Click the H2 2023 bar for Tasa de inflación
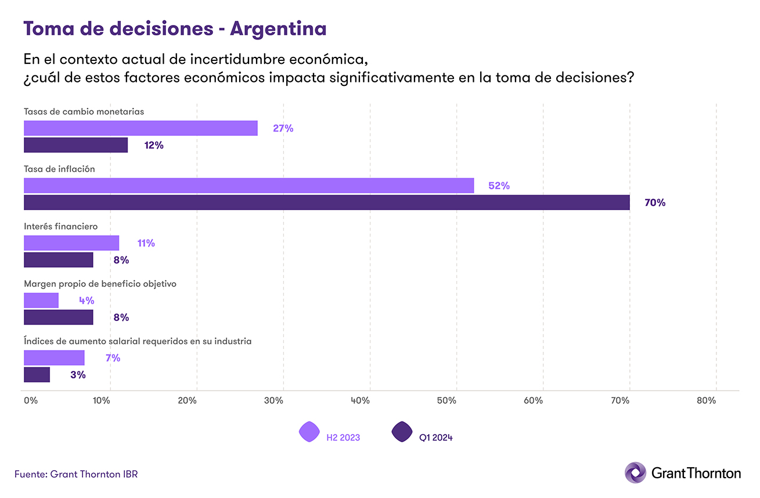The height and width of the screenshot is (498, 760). (x=248, y=186)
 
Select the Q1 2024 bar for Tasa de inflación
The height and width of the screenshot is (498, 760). (x=326, y=203)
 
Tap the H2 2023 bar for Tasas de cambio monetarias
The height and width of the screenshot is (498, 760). (x=141, y=128)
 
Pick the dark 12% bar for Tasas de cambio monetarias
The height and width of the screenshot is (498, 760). (x=75, y=145)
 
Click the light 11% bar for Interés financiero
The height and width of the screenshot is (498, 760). (x=71, y=243)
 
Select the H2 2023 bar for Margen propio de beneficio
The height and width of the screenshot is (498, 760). (x=41, y=300)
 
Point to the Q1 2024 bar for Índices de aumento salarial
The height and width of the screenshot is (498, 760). (x=37, y=375)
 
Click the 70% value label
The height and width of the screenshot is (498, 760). (x=655, y=203)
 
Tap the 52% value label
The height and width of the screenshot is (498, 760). (x=499, y=186)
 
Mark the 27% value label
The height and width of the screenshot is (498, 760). (x=283, y=129)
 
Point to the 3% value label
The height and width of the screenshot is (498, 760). (x=78, y=375)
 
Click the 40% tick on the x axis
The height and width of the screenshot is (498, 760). (x=361, y=400)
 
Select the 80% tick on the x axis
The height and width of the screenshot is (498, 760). (x=707, y=400)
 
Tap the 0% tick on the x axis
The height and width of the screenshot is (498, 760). (x=30, y=400)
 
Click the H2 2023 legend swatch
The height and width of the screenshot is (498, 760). (x=309, y=432)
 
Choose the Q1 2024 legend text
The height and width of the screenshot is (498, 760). (x=435, y=438)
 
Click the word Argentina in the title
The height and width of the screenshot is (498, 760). (x=278, y=28)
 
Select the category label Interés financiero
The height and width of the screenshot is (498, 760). (x=60, y=226)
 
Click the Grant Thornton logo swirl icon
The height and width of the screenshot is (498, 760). (x=635, y=472)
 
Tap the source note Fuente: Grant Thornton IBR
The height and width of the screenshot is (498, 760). (x=76, y=474)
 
